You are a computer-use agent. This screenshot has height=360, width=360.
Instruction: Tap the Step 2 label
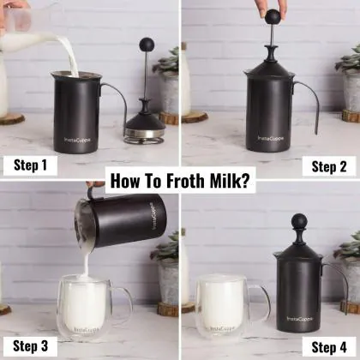point(329,165)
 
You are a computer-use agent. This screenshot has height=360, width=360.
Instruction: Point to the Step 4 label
point(329,346)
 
